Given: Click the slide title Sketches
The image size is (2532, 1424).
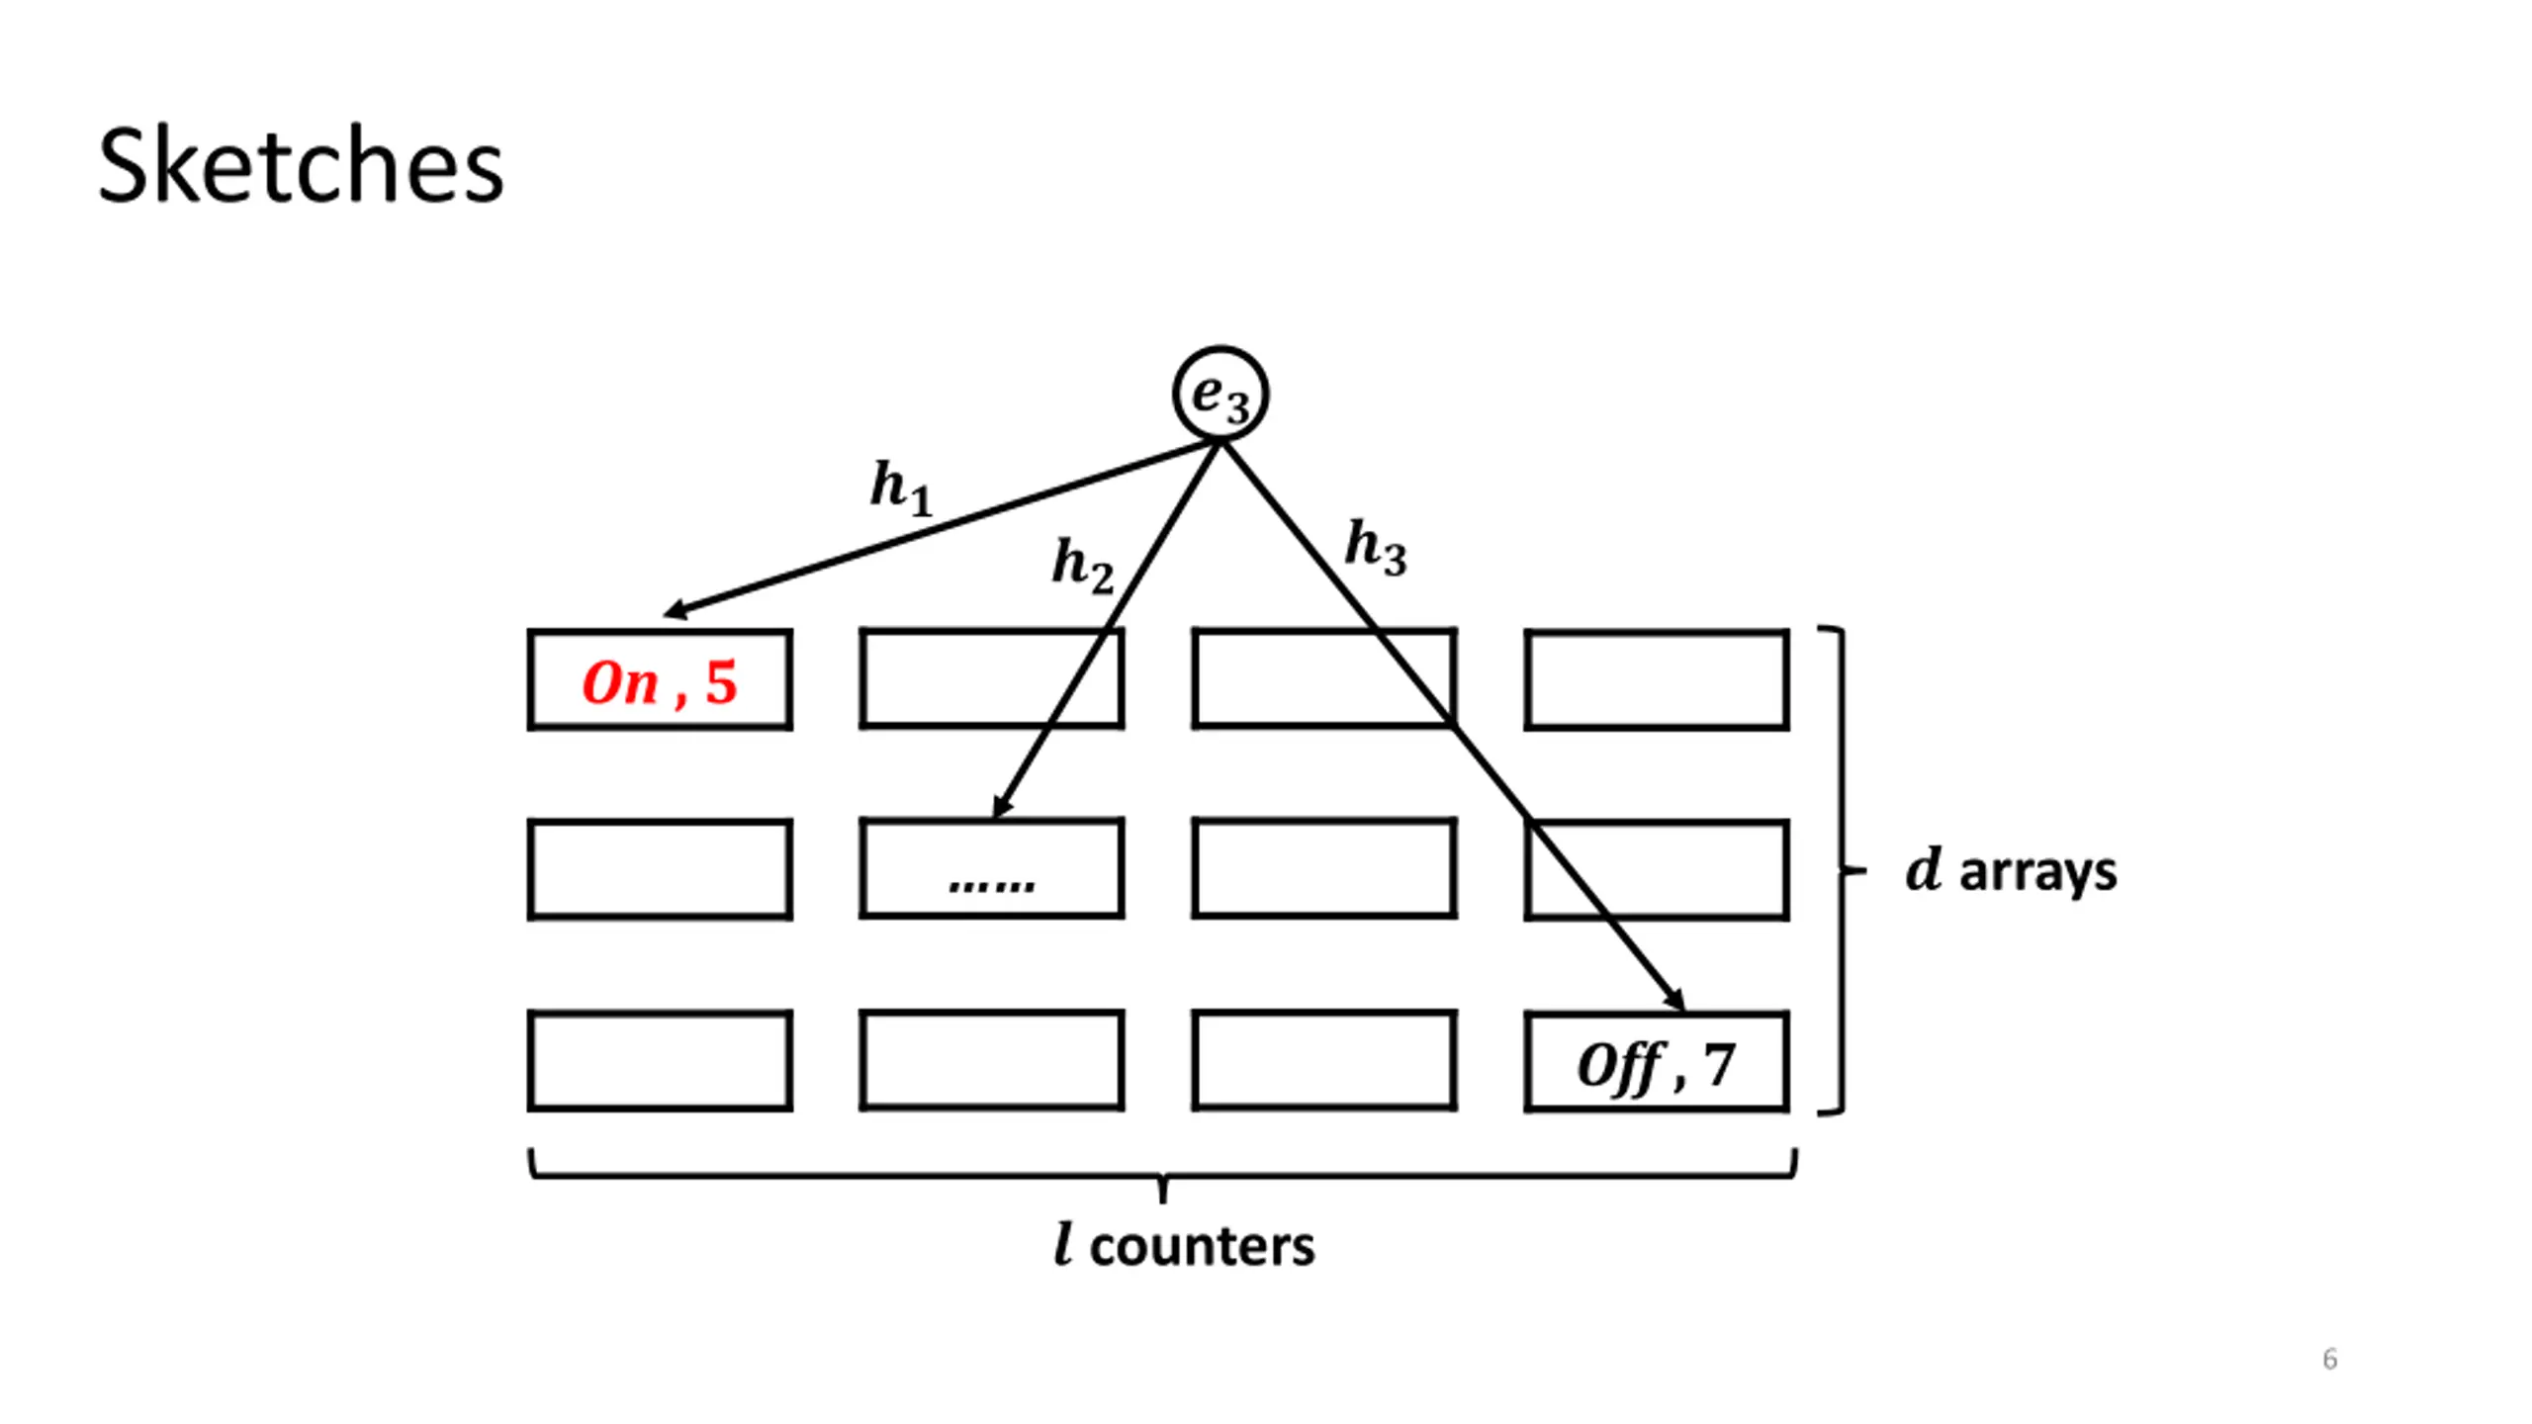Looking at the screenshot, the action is [301, 166].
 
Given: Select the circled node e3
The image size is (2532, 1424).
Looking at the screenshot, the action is [1221, 394].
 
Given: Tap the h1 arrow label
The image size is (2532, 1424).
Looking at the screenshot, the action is [901, 489].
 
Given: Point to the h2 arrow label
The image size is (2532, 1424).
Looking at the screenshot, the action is [1083, 566].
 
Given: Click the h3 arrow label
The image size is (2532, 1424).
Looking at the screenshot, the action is [1376, 548].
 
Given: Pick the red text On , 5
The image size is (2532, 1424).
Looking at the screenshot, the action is [660, 682].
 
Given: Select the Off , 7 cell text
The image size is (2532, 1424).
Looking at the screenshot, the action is [1657, 1066].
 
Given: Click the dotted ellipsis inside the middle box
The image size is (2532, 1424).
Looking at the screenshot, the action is [991, 883].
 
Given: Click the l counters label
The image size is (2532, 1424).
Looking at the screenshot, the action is [1184, 1245].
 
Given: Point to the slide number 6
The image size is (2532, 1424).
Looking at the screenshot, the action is [2330, 1359].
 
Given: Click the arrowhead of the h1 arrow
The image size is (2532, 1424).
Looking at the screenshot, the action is [675, 610].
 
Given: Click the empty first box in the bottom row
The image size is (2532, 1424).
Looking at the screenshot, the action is [660, 1060].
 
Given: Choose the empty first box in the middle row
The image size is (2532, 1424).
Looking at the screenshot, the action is [660, 869].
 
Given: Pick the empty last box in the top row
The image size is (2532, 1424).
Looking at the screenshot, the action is [1657, 679].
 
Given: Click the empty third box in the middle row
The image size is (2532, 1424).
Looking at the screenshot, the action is [1324, 868].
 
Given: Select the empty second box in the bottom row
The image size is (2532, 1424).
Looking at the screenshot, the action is [992, 1060].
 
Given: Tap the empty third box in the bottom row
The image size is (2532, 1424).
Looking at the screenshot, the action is [1324, 1060].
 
